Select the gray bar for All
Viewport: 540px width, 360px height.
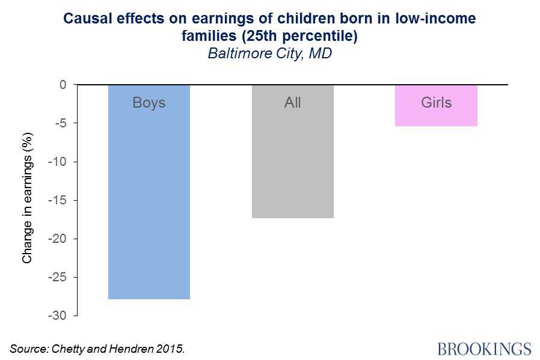click(292, 162)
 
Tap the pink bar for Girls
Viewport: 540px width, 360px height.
click(436, 114)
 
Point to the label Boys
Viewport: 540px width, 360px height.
click(149, 103)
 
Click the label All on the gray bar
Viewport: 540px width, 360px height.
click(292, 103)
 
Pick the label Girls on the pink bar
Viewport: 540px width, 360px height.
click(436, 103)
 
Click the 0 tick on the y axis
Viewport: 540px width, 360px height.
click(62, 85)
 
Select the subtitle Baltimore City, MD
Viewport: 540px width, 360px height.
click(270, 53)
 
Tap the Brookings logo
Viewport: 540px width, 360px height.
click(484, 349)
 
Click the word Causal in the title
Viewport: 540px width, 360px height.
click(90, 19)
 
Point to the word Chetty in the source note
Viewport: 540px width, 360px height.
click(72, 348)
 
